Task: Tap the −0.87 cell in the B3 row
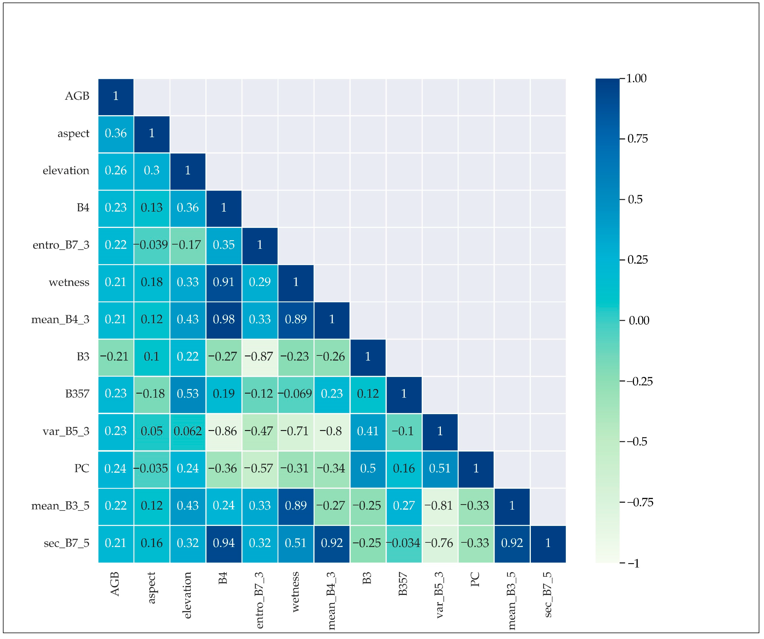click(259, 357)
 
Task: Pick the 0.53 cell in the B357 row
click(188, 394)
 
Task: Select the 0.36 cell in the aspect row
click(116, 134)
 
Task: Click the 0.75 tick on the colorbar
click(637, 139)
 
